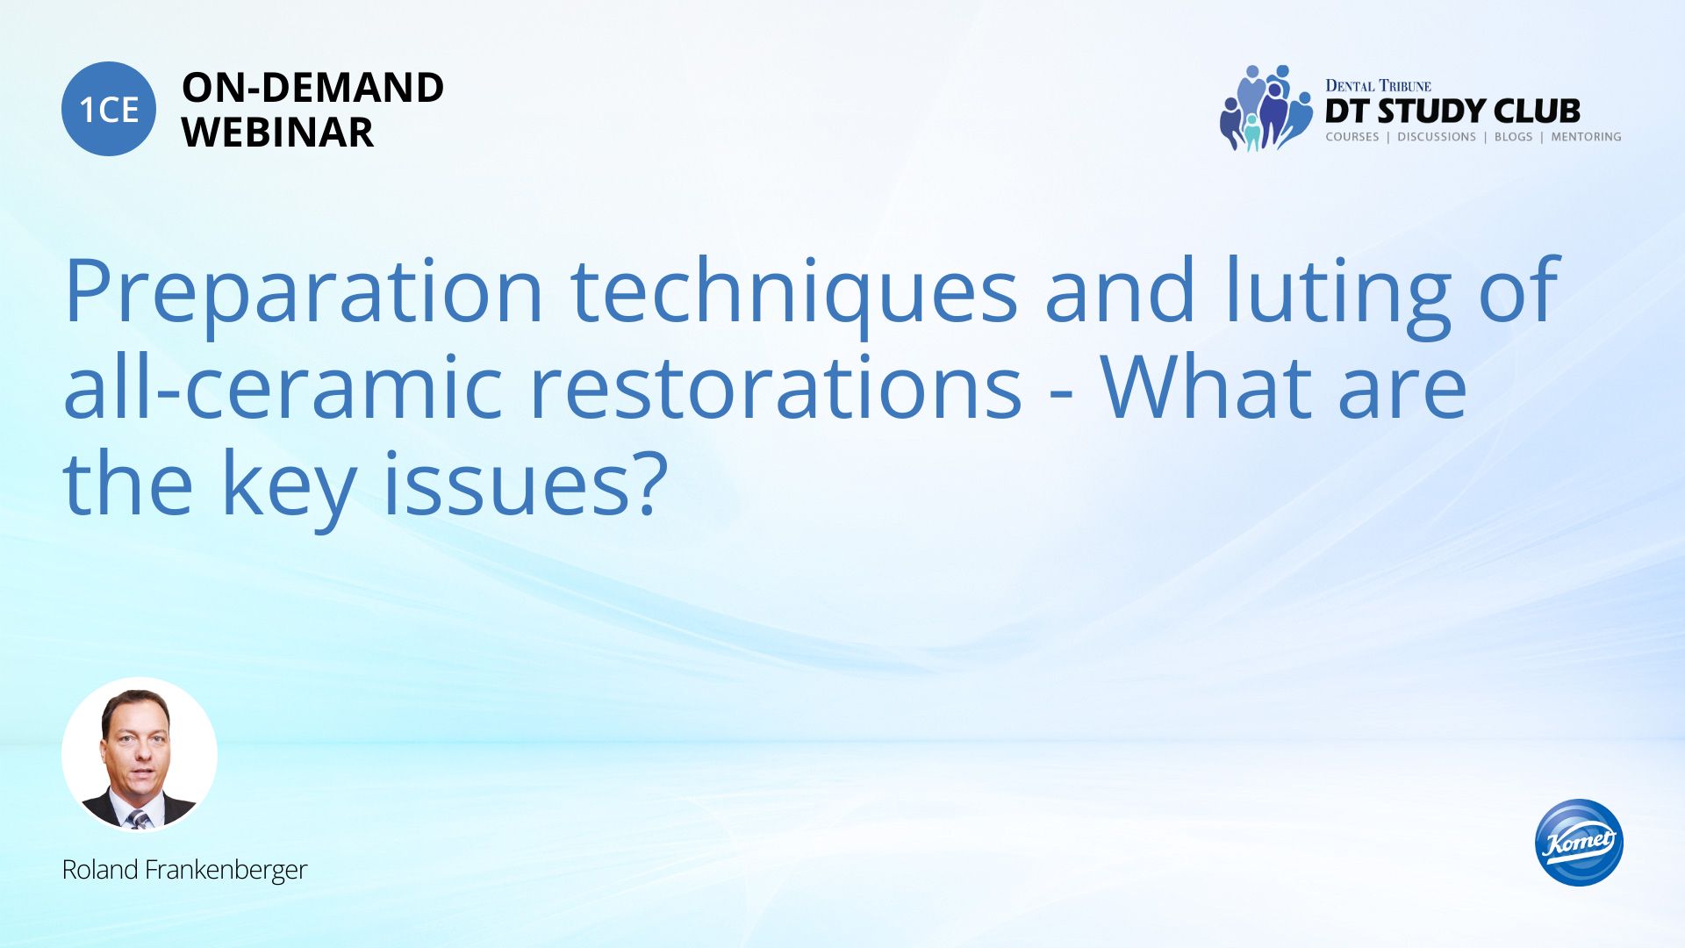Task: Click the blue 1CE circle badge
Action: point(109,109)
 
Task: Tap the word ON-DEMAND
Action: point(312,88)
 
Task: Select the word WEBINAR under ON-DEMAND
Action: point(277,133)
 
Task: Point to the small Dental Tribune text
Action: point(1378,86)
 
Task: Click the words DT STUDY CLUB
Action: point(1452,111)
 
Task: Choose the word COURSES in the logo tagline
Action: point(1352,137)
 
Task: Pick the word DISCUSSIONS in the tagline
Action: point(1437,137)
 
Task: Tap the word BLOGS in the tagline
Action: point(1513,137)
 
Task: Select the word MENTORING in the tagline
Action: point(1586,137)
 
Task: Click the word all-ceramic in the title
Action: point(283,386)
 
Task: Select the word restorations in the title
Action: point(776,386)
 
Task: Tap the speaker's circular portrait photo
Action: point(140,755)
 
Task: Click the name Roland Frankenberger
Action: point(184,870)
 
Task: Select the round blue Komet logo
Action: point(1579,843)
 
